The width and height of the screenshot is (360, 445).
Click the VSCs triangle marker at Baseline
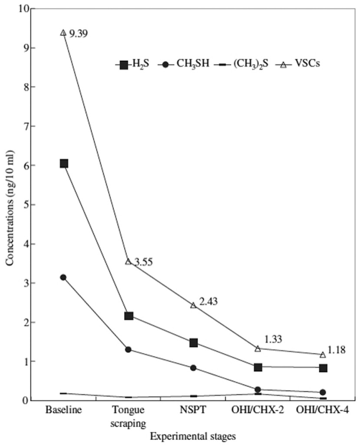[63, 33]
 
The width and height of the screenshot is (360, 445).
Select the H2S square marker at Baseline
[64, 163]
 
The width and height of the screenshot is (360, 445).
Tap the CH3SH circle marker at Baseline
[63, 277]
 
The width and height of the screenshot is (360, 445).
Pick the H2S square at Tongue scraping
[129, 315]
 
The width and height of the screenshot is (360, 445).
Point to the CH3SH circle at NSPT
[193, 368]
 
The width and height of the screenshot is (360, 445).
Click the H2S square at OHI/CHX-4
[323, 368]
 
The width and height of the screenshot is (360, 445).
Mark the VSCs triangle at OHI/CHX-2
[258, 349]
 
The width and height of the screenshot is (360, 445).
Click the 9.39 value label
[79, 34]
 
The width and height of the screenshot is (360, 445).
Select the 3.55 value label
[143, 262]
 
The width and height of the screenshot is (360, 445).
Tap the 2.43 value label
[208, 301]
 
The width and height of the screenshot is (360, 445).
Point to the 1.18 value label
[336, 350]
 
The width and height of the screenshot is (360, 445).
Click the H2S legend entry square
[124, 65]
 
